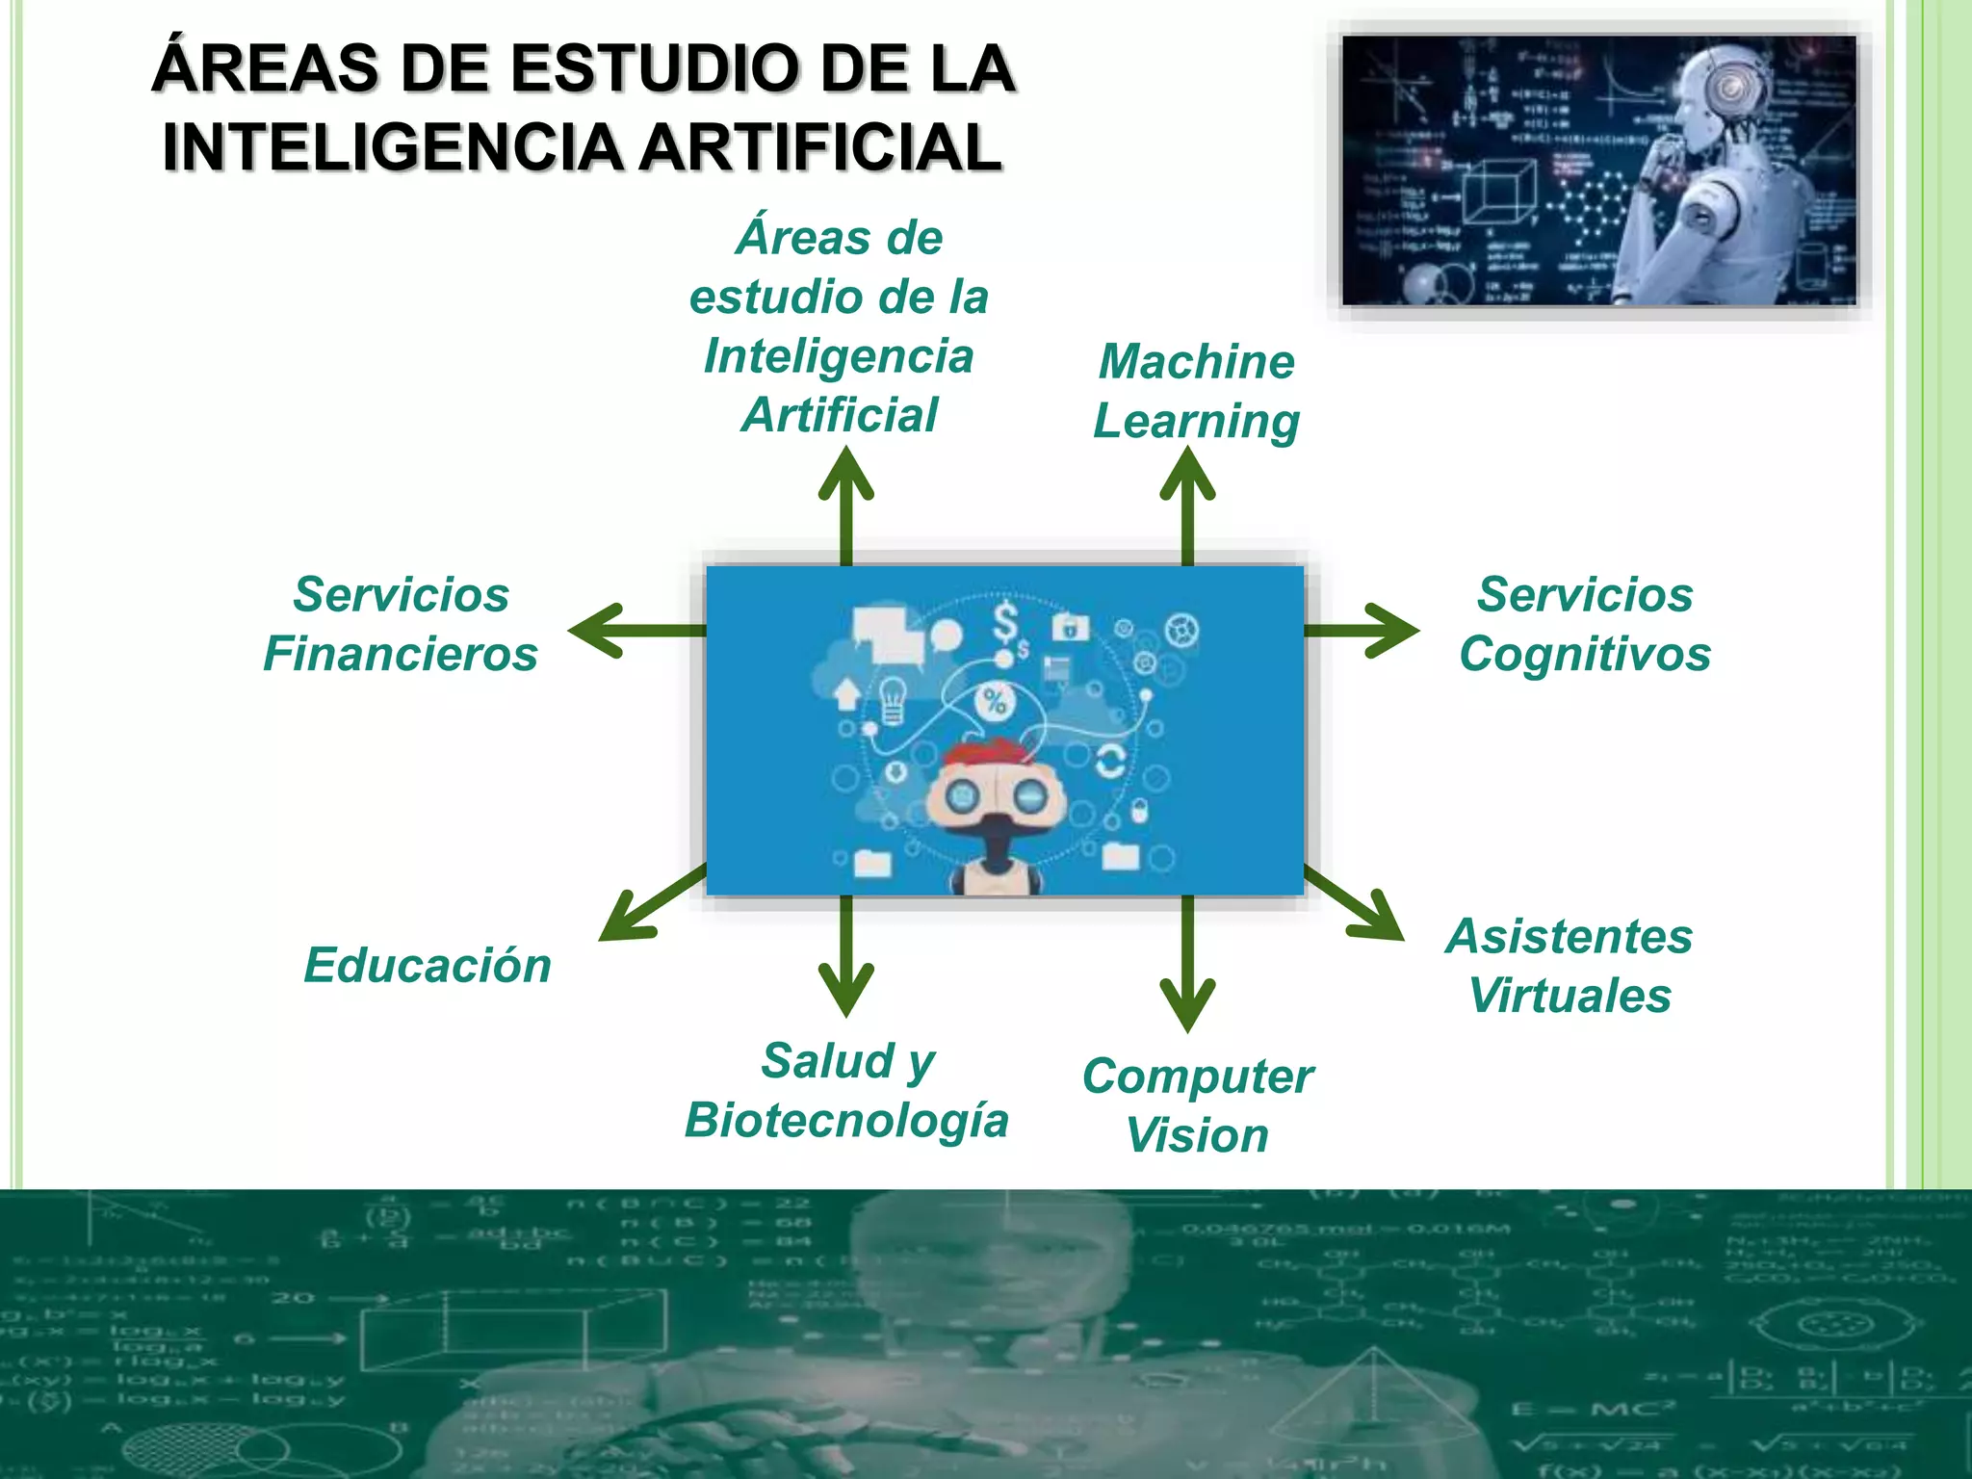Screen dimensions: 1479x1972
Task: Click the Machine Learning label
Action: click(1197, 391)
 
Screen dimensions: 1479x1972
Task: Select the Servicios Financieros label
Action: click(401, 624)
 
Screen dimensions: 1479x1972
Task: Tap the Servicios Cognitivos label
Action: click(1585, 624)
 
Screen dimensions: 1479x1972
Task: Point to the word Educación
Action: click(428, 966)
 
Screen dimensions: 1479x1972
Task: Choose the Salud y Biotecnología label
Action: click(846, 1090)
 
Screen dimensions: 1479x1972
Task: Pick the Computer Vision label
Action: click(1197, 1105)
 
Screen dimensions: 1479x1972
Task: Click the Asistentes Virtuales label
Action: click(1570, 966)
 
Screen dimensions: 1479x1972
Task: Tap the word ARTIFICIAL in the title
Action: click(821, 147)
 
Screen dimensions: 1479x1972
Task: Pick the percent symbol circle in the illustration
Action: click(995, 701)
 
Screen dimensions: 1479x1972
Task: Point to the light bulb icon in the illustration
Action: click(893, 698)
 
